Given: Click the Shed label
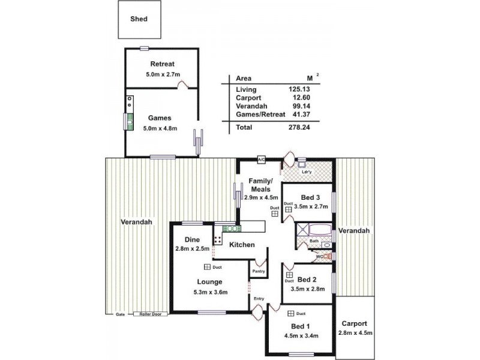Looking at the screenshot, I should tap(139, 19).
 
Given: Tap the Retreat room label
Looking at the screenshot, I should tap(162, 64).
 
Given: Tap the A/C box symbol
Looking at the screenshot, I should tap(262, 160).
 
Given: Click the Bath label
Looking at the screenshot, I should tap(314, 242).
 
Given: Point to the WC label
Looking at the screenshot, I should tap(320, 256).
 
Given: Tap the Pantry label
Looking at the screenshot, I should tap(259, 271).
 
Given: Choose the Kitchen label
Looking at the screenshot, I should tap(242, 245).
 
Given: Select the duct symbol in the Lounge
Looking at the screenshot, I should tap(206, 268).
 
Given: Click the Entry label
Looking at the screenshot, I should tap(259, 298).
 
